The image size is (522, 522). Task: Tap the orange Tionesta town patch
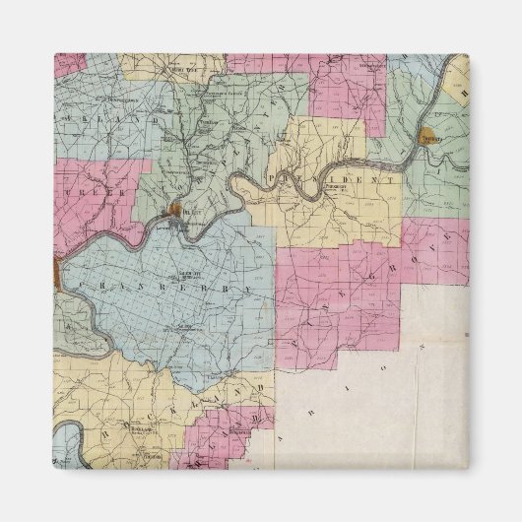[x=429, y=135]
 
